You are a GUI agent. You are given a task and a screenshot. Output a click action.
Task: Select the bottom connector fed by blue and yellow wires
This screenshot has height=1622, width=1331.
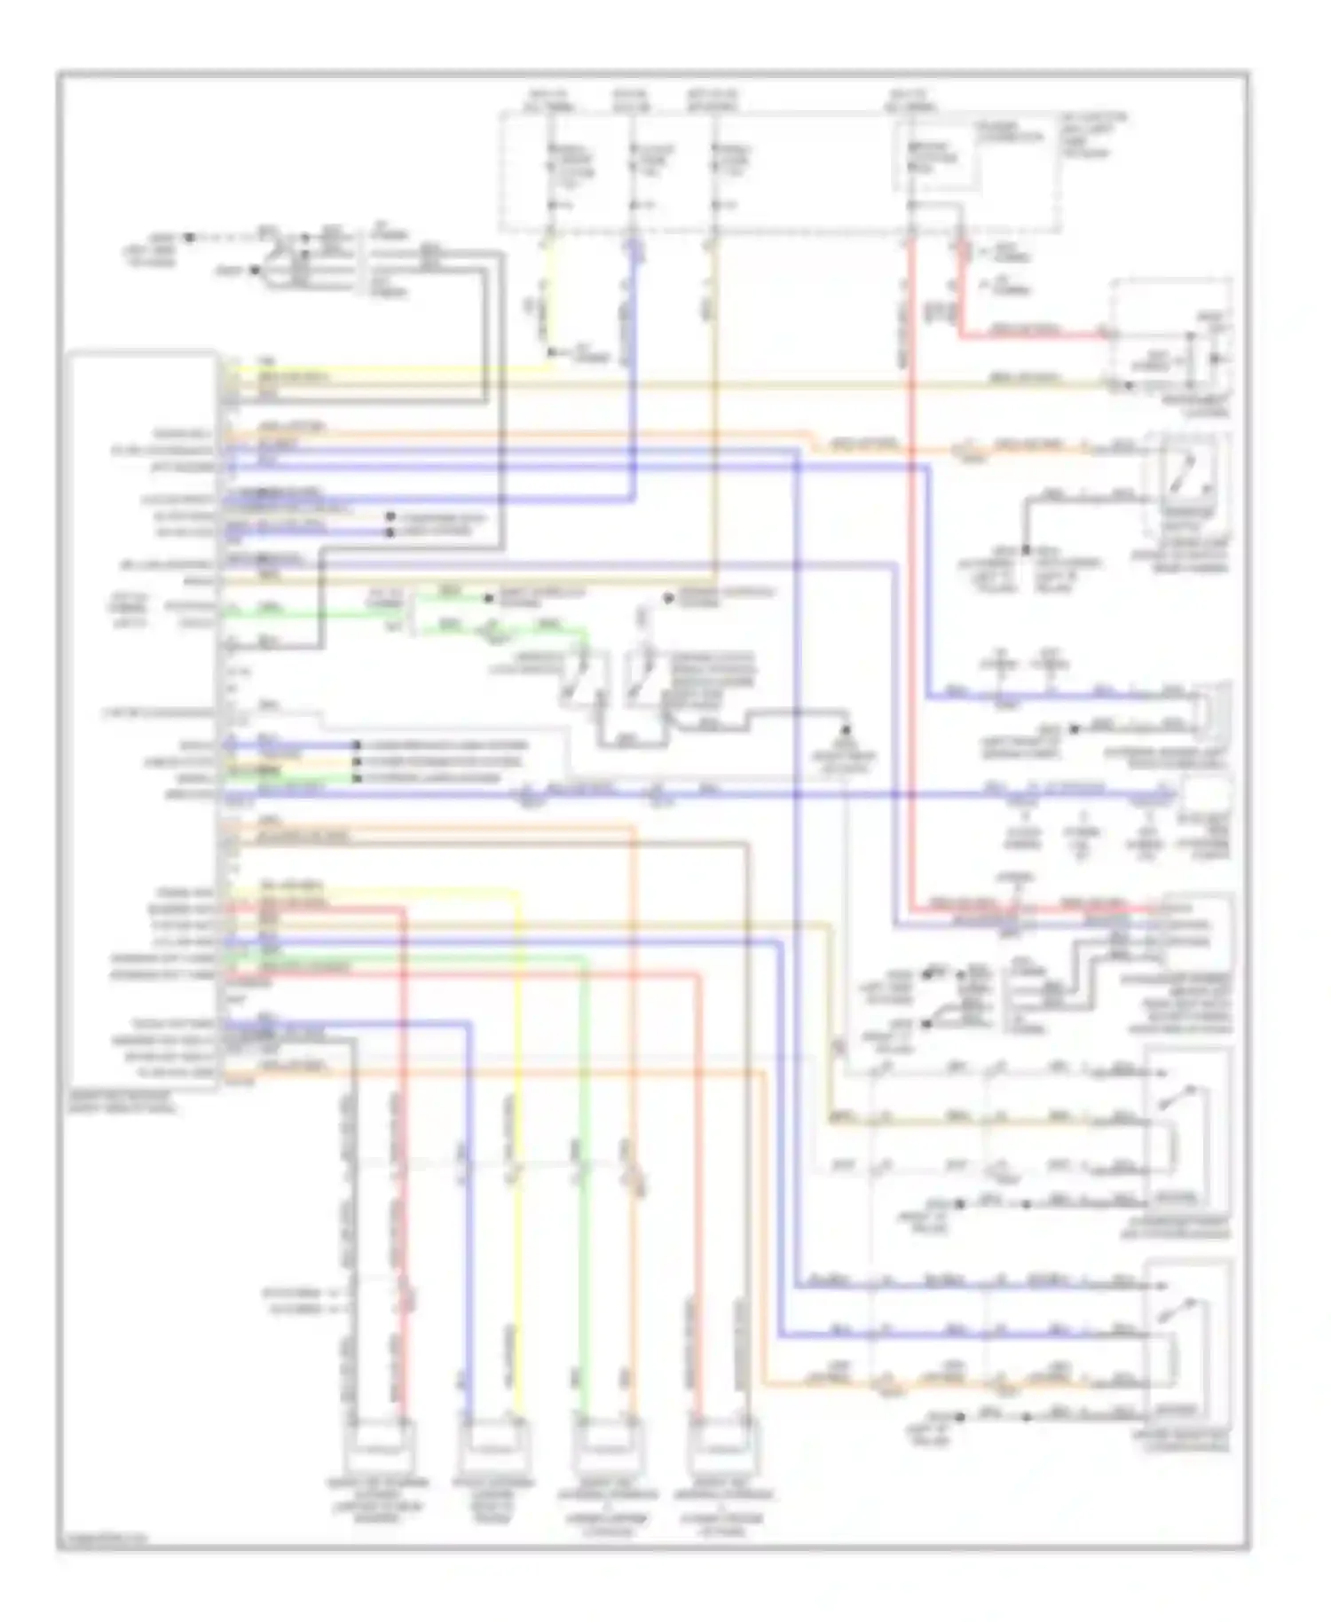[x=492, y=1444]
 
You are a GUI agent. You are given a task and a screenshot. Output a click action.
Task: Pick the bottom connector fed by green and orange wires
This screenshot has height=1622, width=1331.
[x=607, y=1444]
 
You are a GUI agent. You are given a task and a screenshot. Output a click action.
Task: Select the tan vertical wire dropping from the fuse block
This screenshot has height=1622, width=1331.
[x=713, y=399]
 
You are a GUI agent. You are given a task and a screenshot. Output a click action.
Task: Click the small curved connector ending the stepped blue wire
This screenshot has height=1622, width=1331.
[x=1210, y=710]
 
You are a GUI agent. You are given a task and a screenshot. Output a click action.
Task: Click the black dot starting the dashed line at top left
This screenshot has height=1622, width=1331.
[x=188, y=238]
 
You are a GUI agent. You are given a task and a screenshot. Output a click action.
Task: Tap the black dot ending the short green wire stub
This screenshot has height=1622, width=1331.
[x=487, y=598]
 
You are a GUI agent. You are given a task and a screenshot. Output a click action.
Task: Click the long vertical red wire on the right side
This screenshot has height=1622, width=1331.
[x=910, y=577]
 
